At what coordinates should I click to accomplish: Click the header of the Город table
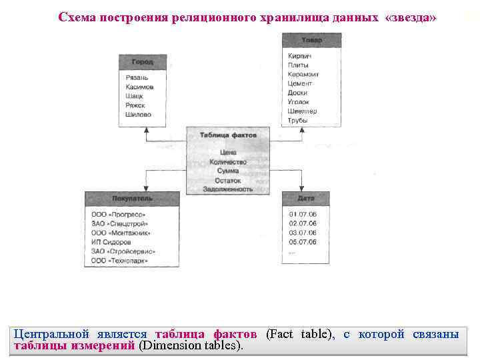pyautogui.click(x=143, y=62)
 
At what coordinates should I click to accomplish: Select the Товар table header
pyautogui.click(x=311, y=41)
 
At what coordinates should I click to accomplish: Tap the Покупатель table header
pyautogui.click(x=132, y=199)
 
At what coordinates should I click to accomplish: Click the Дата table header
pyautogui.click(x=306, y=199)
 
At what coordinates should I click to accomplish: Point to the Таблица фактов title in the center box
pyautogui.click(x=228, y=135)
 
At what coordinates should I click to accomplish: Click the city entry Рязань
pyautogui.click(x=137, y=78)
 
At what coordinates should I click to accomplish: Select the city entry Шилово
pyautogui.click(x=139, y=115)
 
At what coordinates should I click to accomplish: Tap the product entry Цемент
pyautogui.click(x=300, y=84)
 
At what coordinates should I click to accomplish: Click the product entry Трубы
pyautogui.click(x=298, y=121)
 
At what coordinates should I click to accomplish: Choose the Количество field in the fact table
pyautogui.click(x=228, y=162)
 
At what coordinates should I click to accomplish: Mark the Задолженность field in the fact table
pyautogui.click(x=228, y=189)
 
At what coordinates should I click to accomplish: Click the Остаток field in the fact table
pyautogui.click(x=228, y=181)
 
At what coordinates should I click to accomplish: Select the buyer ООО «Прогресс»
pyautogui.click(x=119, y=215)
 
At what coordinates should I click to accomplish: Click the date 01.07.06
pyautogui.click(x=303, y=214)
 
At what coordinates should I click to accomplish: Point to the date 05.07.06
pyautogui.click(x=303, y=242)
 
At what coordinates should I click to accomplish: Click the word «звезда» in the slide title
pyautogui.click(x=411, y=17)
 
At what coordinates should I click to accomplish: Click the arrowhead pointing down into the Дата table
pyautogui.click(x=304, y=189)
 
